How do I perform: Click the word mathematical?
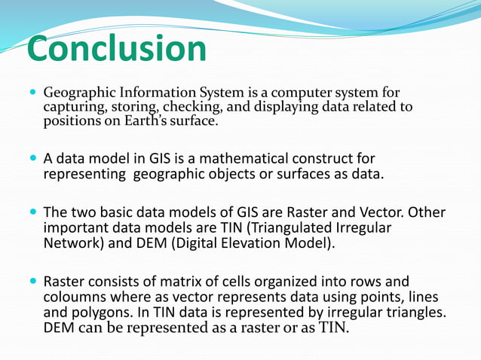231,160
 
